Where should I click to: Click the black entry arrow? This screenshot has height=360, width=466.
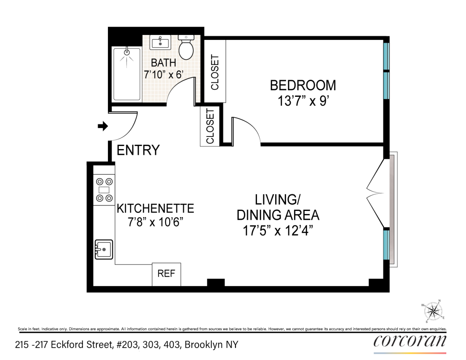click(103, 126)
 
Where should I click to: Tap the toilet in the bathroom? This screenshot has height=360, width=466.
click(186, 49)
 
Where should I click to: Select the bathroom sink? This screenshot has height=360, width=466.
click(160, 43)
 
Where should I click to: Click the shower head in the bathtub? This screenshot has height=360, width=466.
click(127, 52)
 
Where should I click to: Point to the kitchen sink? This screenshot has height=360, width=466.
click(104, 249)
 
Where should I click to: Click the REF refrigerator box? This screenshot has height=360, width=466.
click(166, 274)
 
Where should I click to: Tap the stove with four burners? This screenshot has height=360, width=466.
click(104, 190)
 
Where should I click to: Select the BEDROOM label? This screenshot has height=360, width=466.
click(303, 86)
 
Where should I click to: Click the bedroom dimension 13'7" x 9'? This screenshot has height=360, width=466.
click(303, 101)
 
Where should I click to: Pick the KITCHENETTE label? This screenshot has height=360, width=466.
click(155, 208)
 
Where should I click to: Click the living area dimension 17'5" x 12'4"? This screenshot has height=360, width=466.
click(278, 230)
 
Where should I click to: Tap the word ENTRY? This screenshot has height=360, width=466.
click(138, 150)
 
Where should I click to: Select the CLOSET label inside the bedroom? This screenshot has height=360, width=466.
click(215, 72)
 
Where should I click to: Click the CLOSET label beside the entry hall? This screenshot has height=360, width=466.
click(210, 126)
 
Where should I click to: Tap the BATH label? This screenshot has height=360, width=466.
click(163, 63)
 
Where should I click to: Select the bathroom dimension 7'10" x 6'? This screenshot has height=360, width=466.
click(164, 75)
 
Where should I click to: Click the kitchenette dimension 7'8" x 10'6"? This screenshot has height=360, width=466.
click(155, 222)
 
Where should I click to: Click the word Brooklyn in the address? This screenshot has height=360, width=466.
click(204, 345)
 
